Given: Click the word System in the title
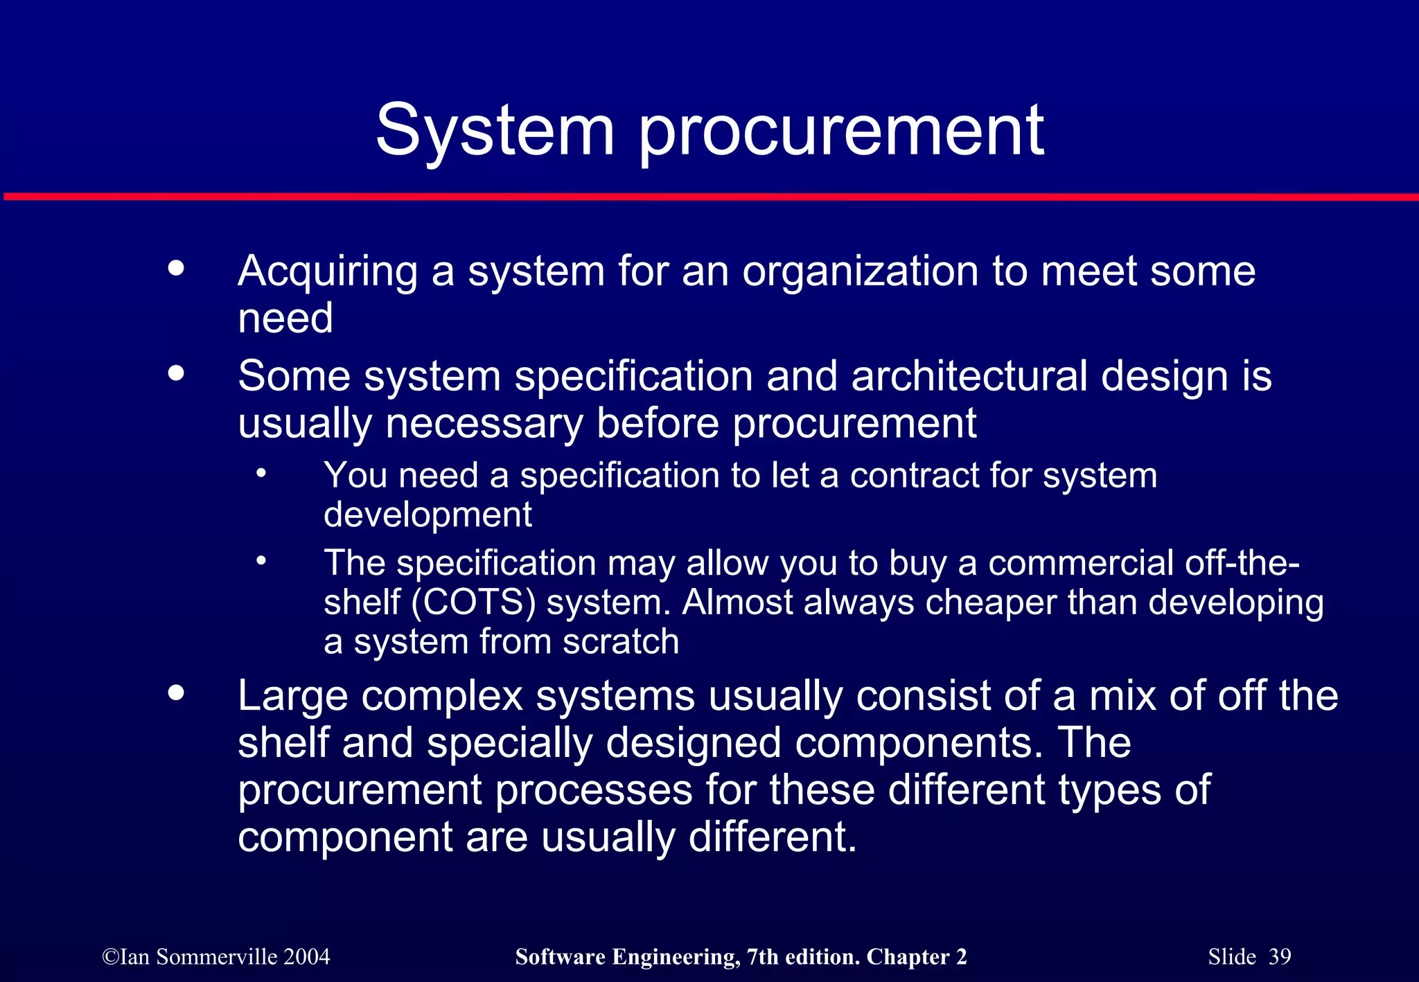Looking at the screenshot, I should pyautogui.click(x=495, y=130).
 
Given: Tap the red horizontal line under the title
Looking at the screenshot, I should pyautogui.click(x=709, y=197).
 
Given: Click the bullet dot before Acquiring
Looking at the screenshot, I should pyautogui.click(x=177, y=268).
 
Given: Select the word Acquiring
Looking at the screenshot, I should pyautogui.click(x=328, y=272).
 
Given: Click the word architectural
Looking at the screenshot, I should pyautogui.click(x=969, y=377).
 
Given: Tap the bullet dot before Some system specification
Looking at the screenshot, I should pyautogui.click(x=177, y=373).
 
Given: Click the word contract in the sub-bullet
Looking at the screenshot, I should pyautogui.click(x=914, y=476).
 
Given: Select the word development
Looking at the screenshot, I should pyautogui.click(x=428, y=515).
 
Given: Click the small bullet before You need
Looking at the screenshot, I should pyautogui.click(x=261, y=474).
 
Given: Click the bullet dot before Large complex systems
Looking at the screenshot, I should pyautogui.click(x=177, y=693).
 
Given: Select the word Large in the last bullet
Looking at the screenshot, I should pyautogui.click(x=292, y=697).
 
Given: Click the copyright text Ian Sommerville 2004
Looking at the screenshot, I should pyautogui.click(x=216, y=957).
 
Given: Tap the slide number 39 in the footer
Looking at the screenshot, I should pyautogui.click(x=1280, y=957).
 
